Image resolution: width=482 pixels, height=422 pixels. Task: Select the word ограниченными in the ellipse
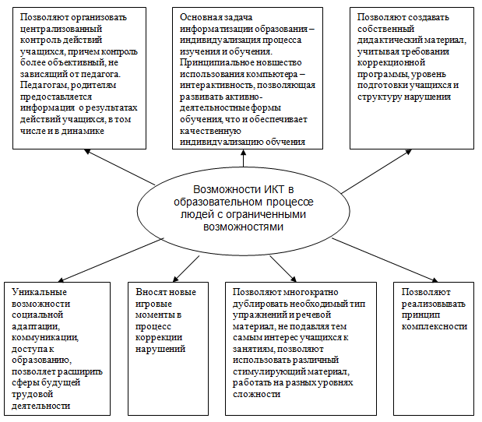(266, 214)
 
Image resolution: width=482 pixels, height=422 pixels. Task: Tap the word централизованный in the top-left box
(61, 29)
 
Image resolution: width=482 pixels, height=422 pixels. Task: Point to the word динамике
(83, 132)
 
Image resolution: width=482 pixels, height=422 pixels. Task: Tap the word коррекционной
(391, 63)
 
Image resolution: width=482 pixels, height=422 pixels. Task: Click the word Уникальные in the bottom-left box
(39, 292)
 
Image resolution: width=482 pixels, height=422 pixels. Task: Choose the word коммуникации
(45, 337)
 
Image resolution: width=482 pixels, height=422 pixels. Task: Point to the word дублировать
(260, 304)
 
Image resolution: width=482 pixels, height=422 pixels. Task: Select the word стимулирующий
(269, 371)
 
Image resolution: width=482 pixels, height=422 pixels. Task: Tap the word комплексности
(435, 326)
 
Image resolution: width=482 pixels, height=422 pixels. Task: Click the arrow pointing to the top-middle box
(244, 158)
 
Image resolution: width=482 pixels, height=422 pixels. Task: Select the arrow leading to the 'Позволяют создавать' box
(376, 171)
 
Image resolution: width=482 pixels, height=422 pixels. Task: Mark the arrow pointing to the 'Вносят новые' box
(186, 269)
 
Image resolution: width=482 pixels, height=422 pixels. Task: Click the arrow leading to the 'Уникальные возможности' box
(111, 260)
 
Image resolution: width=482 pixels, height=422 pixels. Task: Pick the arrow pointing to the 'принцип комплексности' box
(385, 260)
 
